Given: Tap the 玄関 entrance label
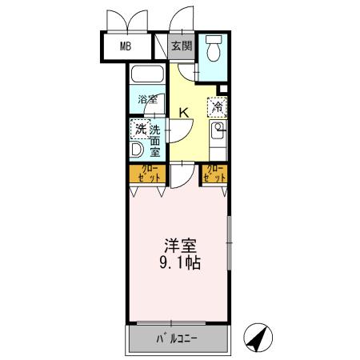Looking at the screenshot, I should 182,46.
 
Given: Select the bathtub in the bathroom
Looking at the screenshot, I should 147,77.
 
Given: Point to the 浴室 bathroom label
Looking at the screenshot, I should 146,100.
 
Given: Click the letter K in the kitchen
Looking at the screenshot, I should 184,113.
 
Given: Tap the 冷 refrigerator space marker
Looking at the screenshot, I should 218,106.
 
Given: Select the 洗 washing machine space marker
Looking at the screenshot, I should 139,128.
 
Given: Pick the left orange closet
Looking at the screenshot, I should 147,174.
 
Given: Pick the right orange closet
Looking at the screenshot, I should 214,174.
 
